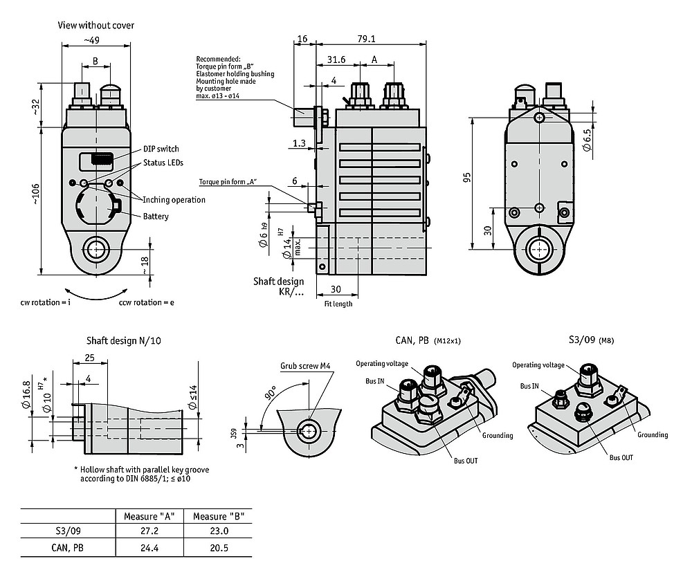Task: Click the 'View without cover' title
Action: pyautogui.click(x=95, y=25)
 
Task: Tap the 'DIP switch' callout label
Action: pyautogui.click(x=161, y=149)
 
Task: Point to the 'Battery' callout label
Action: pyautogui.click(x=156, y=217)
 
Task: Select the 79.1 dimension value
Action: pyautogui.click(x=366, y=39)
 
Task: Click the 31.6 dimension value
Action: pyautogui.click(x=336, y=59)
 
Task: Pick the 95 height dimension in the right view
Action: pyautogui.click(x=467, y=177)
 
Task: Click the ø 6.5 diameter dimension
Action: pyautogui.click(x=587, y=140)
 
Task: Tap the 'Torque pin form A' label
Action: pyautogui.click(x=228, y=182)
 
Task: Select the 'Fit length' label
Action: pyautogui.click(x=338, y=304)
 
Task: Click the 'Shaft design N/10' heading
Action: pyautogui.click(x=124, y=341)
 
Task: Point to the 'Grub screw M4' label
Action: pyautogui.click(x=305, y=366)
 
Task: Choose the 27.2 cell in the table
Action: pyautogui.click(x=149, y=531)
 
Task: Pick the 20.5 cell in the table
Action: pyautogui.click(x=219, y=548)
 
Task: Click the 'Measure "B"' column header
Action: pyautogui.click(x=219, y=516)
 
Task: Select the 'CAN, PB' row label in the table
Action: pyautogui.click(x=68, y=548)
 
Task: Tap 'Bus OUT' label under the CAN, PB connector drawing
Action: pyautogui.click(x=466, y=461)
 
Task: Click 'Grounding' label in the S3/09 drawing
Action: pyautogui.click(x=653, y=434)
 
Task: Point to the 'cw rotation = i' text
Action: pyautogui.click(x=46, y=302)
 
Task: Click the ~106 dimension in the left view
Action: pyautogui.click(x=35, y=194)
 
